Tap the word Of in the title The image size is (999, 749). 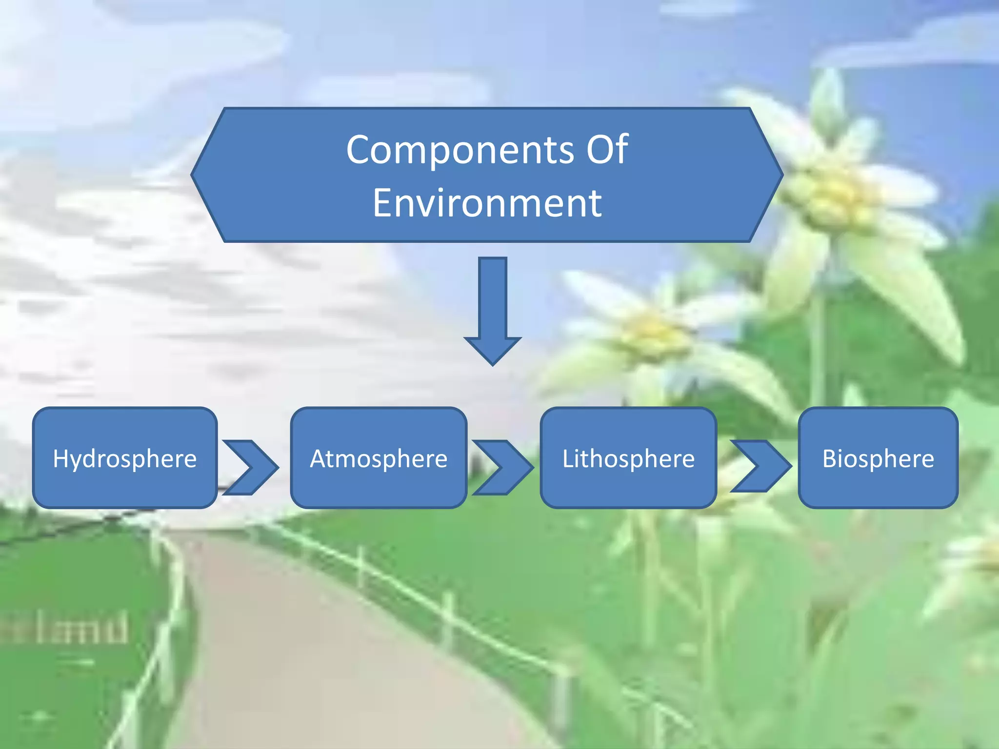[607, 149]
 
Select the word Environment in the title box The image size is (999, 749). [487, 203]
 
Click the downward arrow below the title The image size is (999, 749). [493, 307]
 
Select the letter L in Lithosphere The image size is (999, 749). [568, 458]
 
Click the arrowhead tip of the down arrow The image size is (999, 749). [493, 363]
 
